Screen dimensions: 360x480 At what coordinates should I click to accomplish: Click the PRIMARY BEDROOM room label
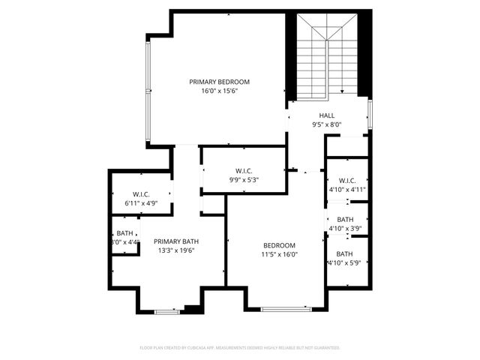coord(219,82)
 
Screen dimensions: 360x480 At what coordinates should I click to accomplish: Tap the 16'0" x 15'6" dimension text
coord(219,91)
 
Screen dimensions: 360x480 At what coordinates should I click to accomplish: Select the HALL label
coord(327,115)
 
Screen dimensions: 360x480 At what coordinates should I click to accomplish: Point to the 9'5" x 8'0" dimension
coord(327,124)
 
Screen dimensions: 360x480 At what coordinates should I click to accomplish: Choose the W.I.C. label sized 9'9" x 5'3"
coord(244,170)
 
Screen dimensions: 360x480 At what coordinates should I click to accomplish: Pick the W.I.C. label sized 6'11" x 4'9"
coord(142,194)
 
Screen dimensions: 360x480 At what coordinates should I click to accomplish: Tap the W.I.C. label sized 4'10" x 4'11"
coord(346,180)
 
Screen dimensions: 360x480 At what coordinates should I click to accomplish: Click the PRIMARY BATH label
coord(176,241)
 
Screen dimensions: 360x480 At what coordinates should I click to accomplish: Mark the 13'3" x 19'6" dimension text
coord(176,250)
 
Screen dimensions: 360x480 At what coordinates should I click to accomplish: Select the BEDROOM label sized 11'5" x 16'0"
coord(279,245)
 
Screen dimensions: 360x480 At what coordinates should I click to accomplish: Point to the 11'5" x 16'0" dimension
coord(279,254)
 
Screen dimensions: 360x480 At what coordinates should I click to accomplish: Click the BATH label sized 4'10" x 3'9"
coord(345,219)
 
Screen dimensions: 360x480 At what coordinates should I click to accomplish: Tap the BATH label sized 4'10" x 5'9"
coord(345,253)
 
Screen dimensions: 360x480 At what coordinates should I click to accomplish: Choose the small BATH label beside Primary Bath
coord(124,233)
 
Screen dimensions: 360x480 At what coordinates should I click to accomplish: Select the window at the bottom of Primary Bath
coord(166,311)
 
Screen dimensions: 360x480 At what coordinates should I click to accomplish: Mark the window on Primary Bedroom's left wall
coord(148,90)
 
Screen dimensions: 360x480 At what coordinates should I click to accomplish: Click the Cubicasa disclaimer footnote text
coord(240,348)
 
